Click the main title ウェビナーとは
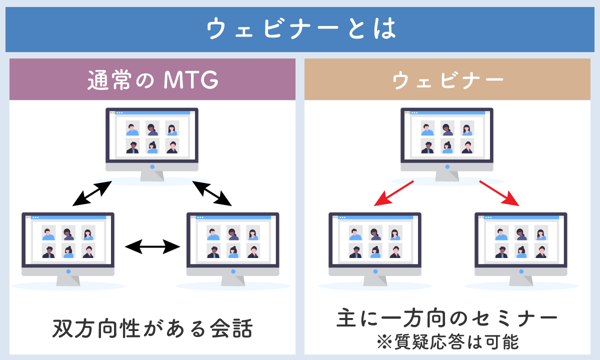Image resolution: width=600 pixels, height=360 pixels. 301,28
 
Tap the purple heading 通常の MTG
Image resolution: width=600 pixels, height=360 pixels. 152,80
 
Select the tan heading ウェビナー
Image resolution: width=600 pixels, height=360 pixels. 448,80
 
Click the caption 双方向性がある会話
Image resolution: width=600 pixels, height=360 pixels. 152,328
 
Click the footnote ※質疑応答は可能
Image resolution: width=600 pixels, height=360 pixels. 448,342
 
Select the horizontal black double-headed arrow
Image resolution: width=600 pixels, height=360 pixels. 152,246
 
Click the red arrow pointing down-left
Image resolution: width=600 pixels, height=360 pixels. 394,193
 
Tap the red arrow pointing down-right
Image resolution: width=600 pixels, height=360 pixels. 499,193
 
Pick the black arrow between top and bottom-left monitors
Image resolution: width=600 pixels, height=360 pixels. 92,193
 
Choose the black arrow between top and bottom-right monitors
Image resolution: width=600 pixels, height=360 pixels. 212,193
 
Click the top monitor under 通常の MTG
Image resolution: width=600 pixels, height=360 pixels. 152,144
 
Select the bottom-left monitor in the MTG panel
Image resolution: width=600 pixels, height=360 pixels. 68,249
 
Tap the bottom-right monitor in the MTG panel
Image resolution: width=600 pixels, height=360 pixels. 233,249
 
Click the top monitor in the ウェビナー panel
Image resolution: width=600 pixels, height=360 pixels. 447,144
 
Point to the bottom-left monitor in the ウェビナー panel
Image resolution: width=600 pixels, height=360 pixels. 375,249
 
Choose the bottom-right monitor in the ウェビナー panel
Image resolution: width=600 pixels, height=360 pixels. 521,249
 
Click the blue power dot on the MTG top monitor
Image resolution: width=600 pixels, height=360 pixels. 152,167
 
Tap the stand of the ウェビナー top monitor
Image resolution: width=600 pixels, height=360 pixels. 447,176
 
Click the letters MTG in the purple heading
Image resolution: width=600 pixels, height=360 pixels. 191,80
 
